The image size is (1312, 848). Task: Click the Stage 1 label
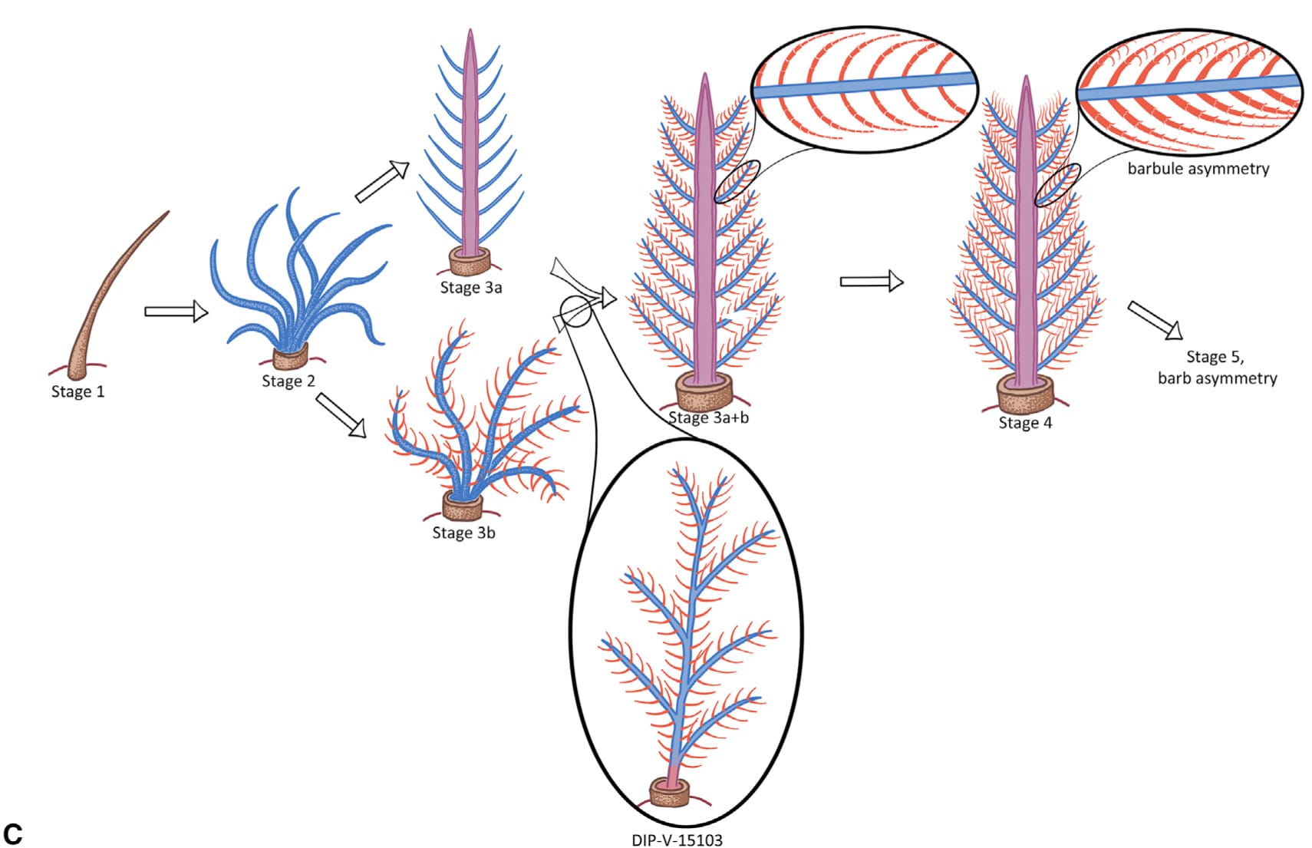(77, 392)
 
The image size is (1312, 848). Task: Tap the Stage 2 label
(288, 381)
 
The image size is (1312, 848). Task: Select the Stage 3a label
(470, 288)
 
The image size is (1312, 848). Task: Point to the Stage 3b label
(463, 533)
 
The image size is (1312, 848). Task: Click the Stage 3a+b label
(708, 417)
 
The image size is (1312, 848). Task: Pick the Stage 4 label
(1025, 423)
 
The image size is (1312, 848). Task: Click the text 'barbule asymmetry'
(1198, 169)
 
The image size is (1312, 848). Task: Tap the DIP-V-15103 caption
(677, 840)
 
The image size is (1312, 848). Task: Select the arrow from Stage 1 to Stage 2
(176, 312)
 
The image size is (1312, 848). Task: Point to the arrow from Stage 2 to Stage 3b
(342, 415)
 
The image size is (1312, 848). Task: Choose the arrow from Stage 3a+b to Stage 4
(872, 282)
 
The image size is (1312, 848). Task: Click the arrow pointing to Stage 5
(1155, 320)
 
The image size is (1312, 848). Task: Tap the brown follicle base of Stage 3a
(470, 262)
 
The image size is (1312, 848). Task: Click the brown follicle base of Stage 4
(1026, 395)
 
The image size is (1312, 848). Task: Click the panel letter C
(13, 834)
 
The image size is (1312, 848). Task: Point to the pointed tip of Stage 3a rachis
(470, 32)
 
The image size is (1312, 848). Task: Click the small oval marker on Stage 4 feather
(1058, 185)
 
